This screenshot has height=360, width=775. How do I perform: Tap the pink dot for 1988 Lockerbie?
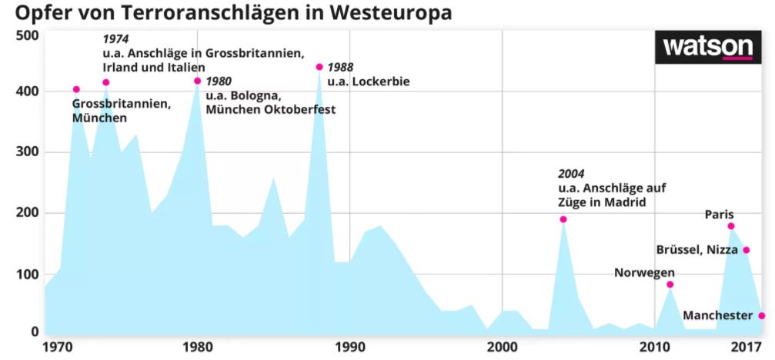point(319,67)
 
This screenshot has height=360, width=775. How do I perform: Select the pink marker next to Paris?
point(731,226)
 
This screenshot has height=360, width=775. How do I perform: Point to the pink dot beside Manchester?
point(762,315)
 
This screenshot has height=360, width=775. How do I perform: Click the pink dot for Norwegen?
point(670,285)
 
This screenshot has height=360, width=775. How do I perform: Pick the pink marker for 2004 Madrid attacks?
point(563,219)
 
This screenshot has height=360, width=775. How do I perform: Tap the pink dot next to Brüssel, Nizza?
point(746,250)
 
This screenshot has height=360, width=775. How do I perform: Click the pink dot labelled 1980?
point(198,81)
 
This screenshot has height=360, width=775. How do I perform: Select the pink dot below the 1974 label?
point(106,82)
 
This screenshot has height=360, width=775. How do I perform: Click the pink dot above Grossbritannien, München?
point(76,90)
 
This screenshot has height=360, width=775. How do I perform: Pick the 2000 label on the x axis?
point(502,347)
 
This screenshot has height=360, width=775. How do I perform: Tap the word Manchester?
point(717,316)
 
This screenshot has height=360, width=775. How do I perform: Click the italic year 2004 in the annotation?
point(573,173)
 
